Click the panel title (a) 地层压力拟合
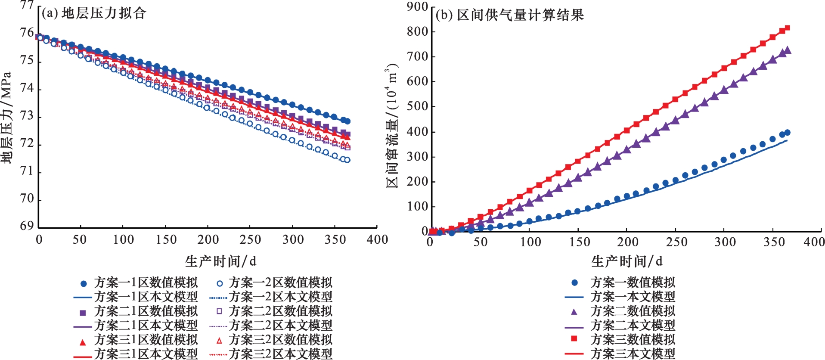[94, 13]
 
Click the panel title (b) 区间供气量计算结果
[510, 15]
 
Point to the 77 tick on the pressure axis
[27, 5]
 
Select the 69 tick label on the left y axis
[27, 226]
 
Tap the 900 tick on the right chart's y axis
[417, 6]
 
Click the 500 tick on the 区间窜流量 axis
[417, 106]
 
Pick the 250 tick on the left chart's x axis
[250, 239]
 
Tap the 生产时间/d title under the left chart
[220, 261]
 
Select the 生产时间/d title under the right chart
[627, 261]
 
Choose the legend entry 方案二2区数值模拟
[280, 311]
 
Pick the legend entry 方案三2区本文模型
[280, 354]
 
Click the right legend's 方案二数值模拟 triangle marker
[574, 311]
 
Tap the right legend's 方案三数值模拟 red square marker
[574, 339]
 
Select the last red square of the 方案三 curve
[787, 28]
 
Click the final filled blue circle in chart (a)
[347, 121]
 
